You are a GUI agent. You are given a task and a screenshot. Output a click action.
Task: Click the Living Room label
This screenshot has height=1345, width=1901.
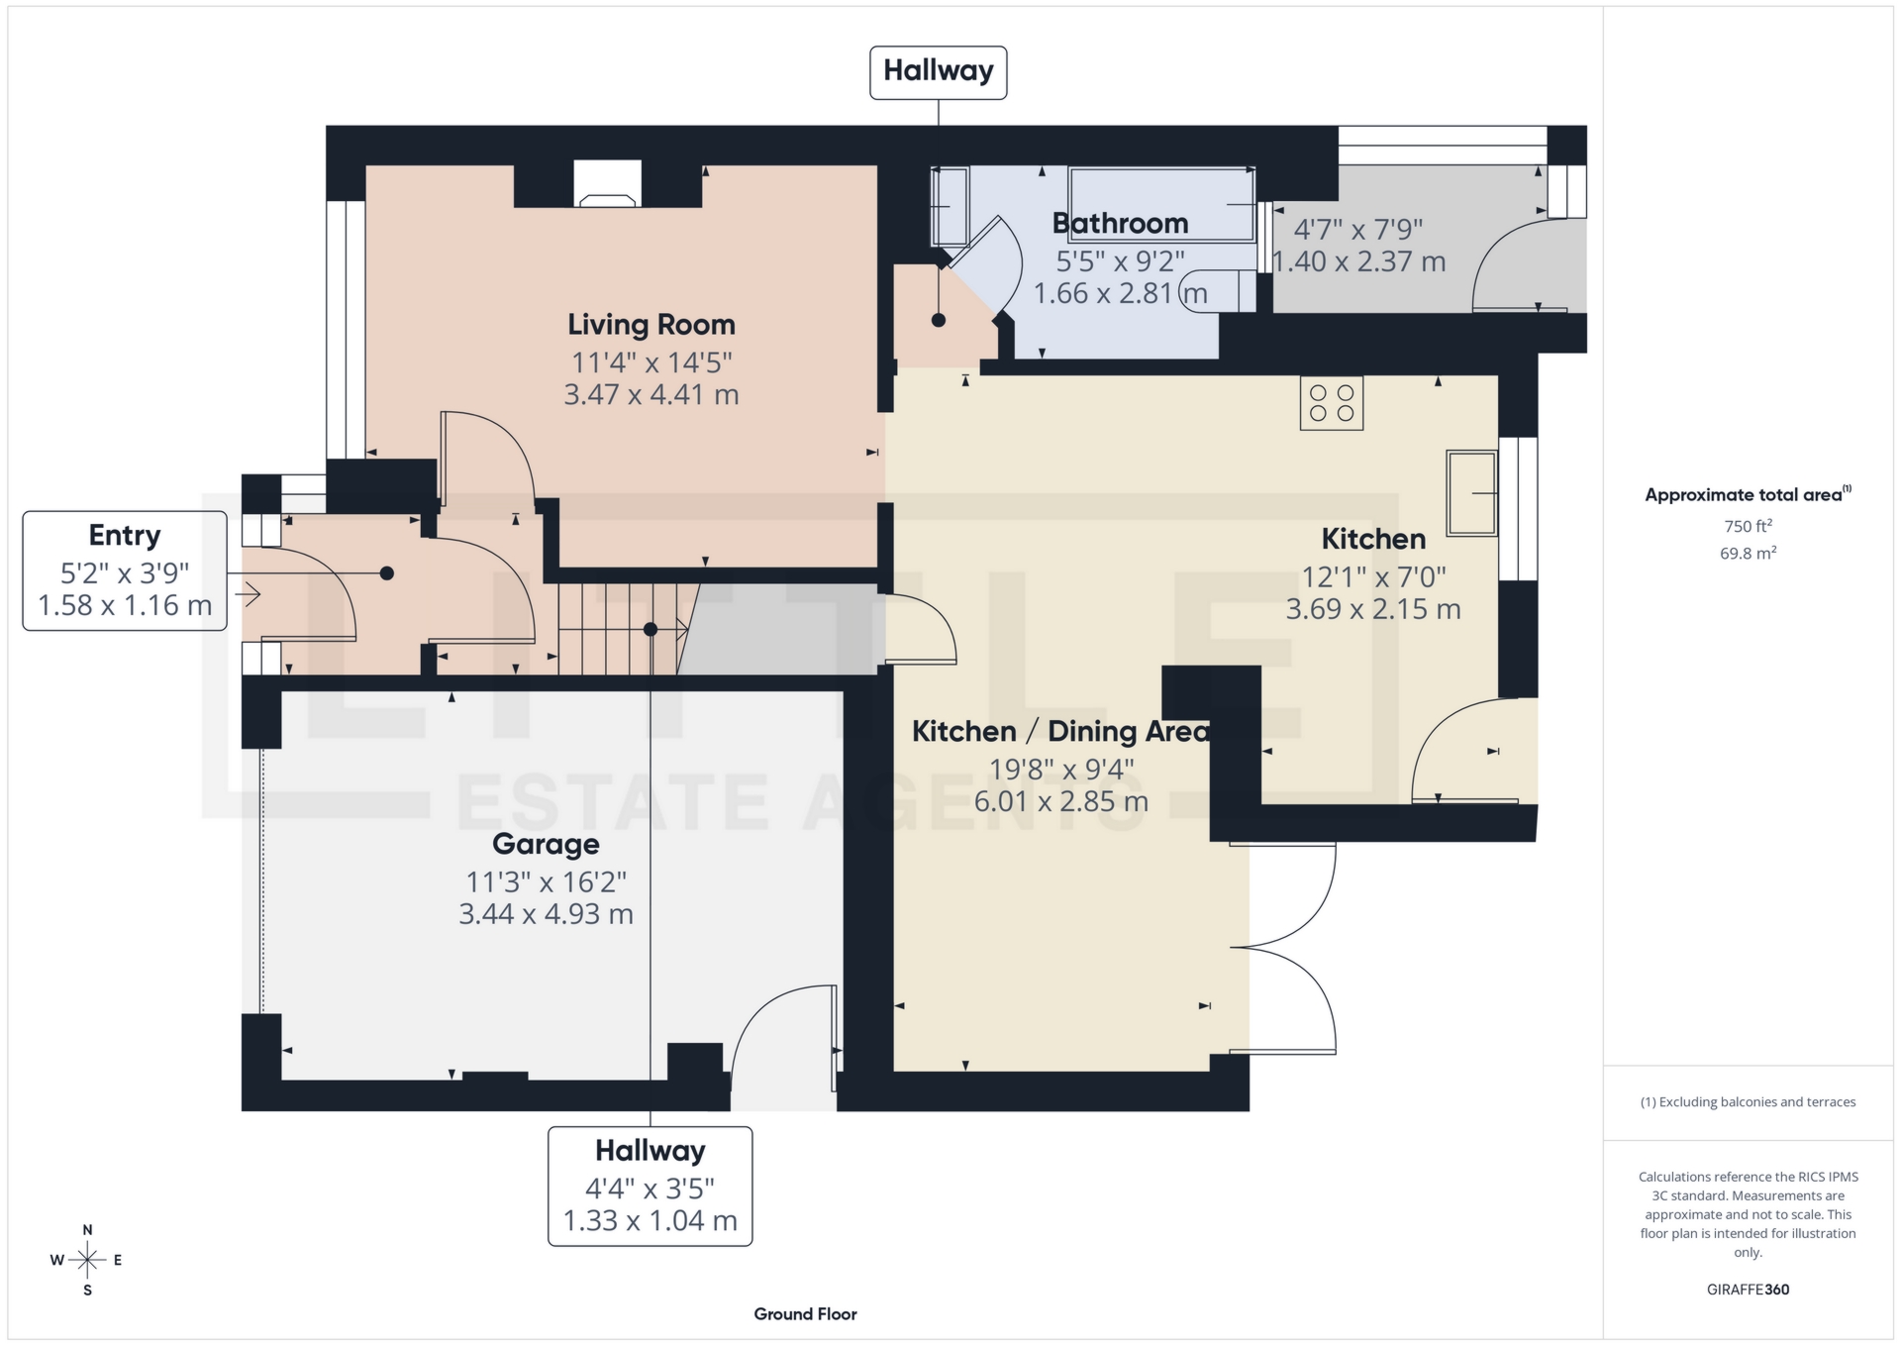click(x=650, y=325)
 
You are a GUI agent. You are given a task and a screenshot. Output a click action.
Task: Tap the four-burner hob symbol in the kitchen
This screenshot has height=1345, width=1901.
click(x=1331, y=403)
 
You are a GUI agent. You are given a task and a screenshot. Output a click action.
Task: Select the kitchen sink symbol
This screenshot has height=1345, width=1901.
click(x=1471, y=492)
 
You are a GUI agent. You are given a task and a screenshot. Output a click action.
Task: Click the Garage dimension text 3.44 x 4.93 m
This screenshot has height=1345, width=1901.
click(x=546, y=914)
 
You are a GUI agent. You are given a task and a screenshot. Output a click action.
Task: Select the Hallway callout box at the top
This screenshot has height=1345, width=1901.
click(x=938, y=72)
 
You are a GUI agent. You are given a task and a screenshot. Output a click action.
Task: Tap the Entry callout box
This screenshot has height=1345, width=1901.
click(x=125, y=570)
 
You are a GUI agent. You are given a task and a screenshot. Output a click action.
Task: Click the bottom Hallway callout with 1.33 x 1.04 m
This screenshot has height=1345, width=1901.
click(x=650, y=1187)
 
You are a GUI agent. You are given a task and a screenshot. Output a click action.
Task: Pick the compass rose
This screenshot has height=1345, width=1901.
click(x=87, y=1260)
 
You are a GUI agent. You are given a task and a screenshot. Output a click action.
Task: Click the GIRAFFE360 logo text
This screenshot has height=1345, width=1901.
click(x=1748, y=1290)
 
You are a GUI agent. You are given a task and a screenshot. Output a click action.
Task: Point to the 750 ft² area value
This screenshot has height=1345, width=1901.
click(x=1748, y=526)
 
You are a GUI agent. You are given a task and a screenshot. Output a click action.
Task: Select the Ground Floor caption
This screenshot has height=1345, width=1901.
click(x=805, y=1314)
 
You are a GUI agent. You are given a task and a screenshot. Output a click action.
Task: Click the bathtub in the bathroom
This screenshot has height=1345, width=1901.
click(x=1160, y=204)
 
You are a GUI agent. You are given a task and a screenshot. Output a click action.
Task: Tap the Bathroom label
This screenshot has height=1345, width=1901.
click(x=1120, y=224)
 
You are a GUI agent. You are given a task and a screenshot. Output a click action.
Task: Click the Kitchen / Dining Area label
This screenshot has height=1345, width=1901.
click(x=1060, y=732)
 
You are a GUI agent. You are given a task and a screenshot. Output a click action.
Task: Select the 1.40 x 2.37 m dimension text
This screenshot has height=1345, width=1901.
click(x=1358, y=262)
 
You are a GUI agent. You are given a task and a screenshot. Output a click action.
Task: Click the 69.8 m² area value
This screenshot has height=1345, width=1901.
click(x=1748, y=553)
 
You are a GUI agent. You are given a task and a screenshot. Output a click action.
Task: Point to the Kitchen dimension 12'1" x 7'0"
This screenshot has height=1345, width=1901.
click(x=1373, y=576)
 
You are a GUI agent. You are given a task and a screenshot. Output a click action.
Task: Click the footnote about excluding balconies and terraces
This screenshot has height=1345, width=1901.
click(x=1748, y=1101)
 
